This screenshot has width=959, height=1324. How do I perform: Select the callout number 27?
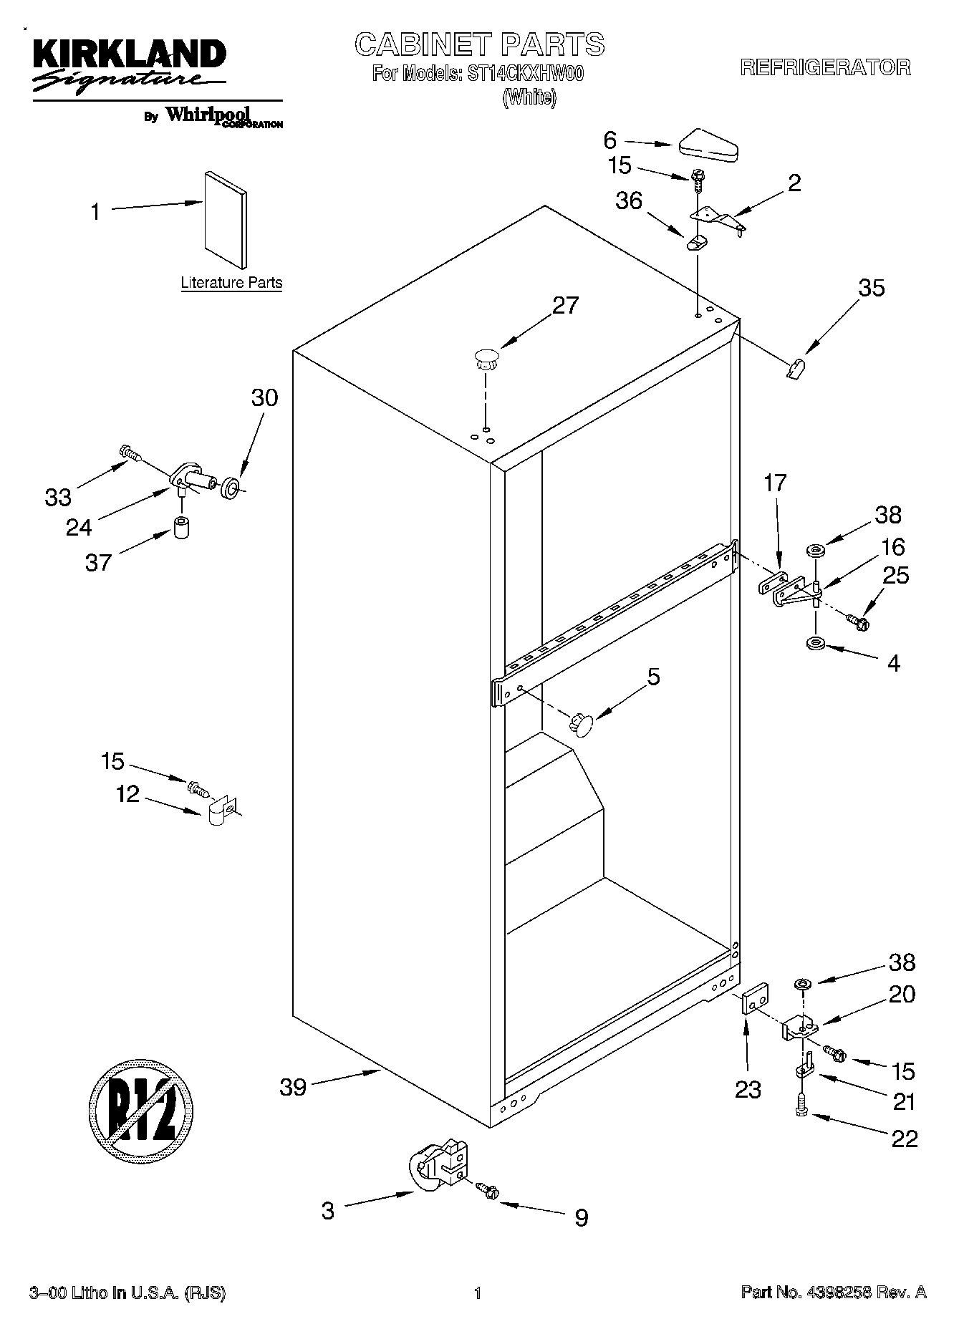[565, 306]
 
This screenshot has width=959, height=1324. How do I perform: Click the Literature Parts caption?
[231, 283]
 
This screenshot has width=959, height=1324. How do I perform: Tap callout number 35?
[871, 288]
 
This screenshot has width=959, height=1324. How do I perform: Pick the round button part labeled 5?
[582, 724]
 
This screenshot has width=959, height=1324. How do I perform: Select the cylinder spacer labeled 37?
[181, 528]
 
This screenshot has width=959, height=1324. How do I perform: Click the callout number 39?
[293, 1087]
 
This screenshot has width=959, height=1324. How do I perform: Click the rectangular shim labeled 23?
[754, 998]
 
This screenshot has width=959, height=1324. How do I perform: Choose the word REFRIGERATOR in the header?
[825, 68]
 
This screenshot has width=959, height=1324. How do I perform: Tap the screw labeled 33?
[130, 453]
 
